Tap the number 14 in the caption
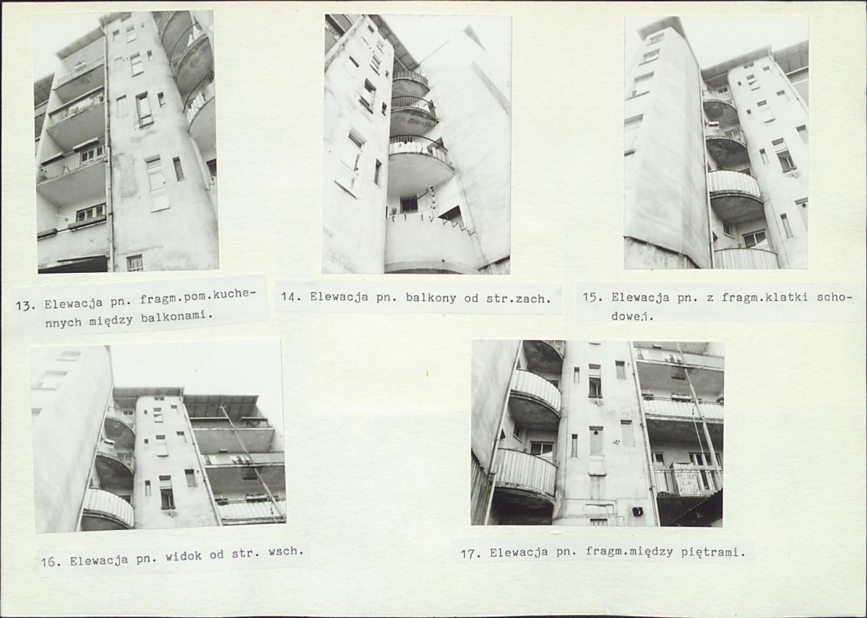[288, 297]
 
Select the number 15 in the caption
[590, 297]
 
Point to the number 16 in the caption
[48, 562]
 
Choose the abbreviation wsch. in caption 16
[285, 551]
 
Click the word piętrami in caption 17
[713, 552]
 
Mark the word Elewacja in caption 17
[519, 552]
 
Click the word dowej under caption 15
[632, 316]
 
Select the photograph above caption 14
[416, 144]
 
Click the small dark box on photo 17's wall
[637, 511]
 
